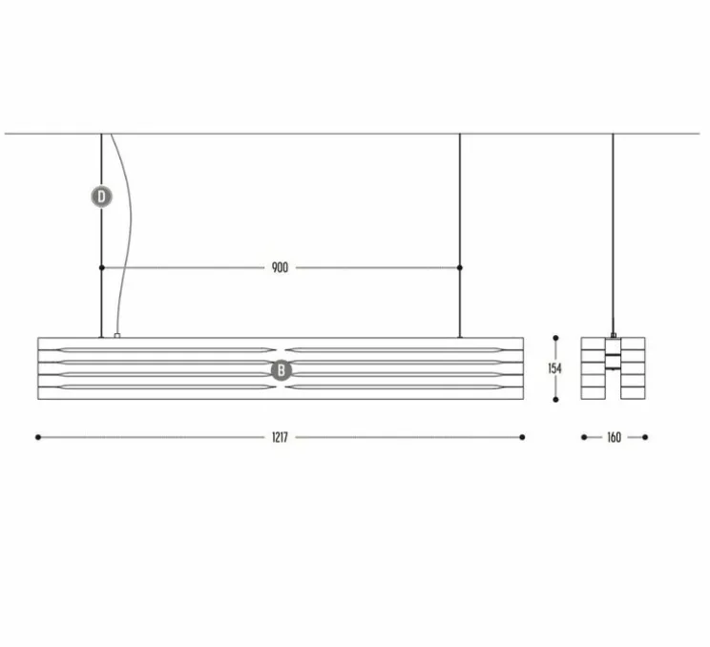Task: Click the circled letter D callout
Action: point(101,198)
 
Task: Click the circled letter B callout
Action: point(282,371)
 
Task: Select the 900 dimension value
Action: point(279,268)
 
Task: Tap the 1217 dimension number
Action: point(279,437)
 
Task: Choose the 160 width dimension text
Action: point(613,437)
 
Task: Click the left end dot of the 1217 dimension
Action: point(38,437)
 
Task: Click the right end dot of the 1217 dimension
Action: point(522,437)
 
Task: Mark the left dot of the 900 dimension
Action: point(102,268)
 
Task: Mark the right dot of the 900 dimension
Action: point(460,268)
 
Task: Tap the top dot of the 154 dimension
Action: point(556,338)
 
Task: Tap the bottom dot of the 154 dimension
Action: point(556,398)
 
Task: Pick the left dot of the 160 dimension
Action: point(583,437)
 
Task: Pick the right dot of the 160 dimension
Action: point(645,437)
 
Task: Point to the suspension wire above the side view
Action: point(613,229)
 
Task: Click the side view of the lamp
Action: point(613,367)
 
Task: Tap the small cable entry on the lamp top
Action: point(115,335)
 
